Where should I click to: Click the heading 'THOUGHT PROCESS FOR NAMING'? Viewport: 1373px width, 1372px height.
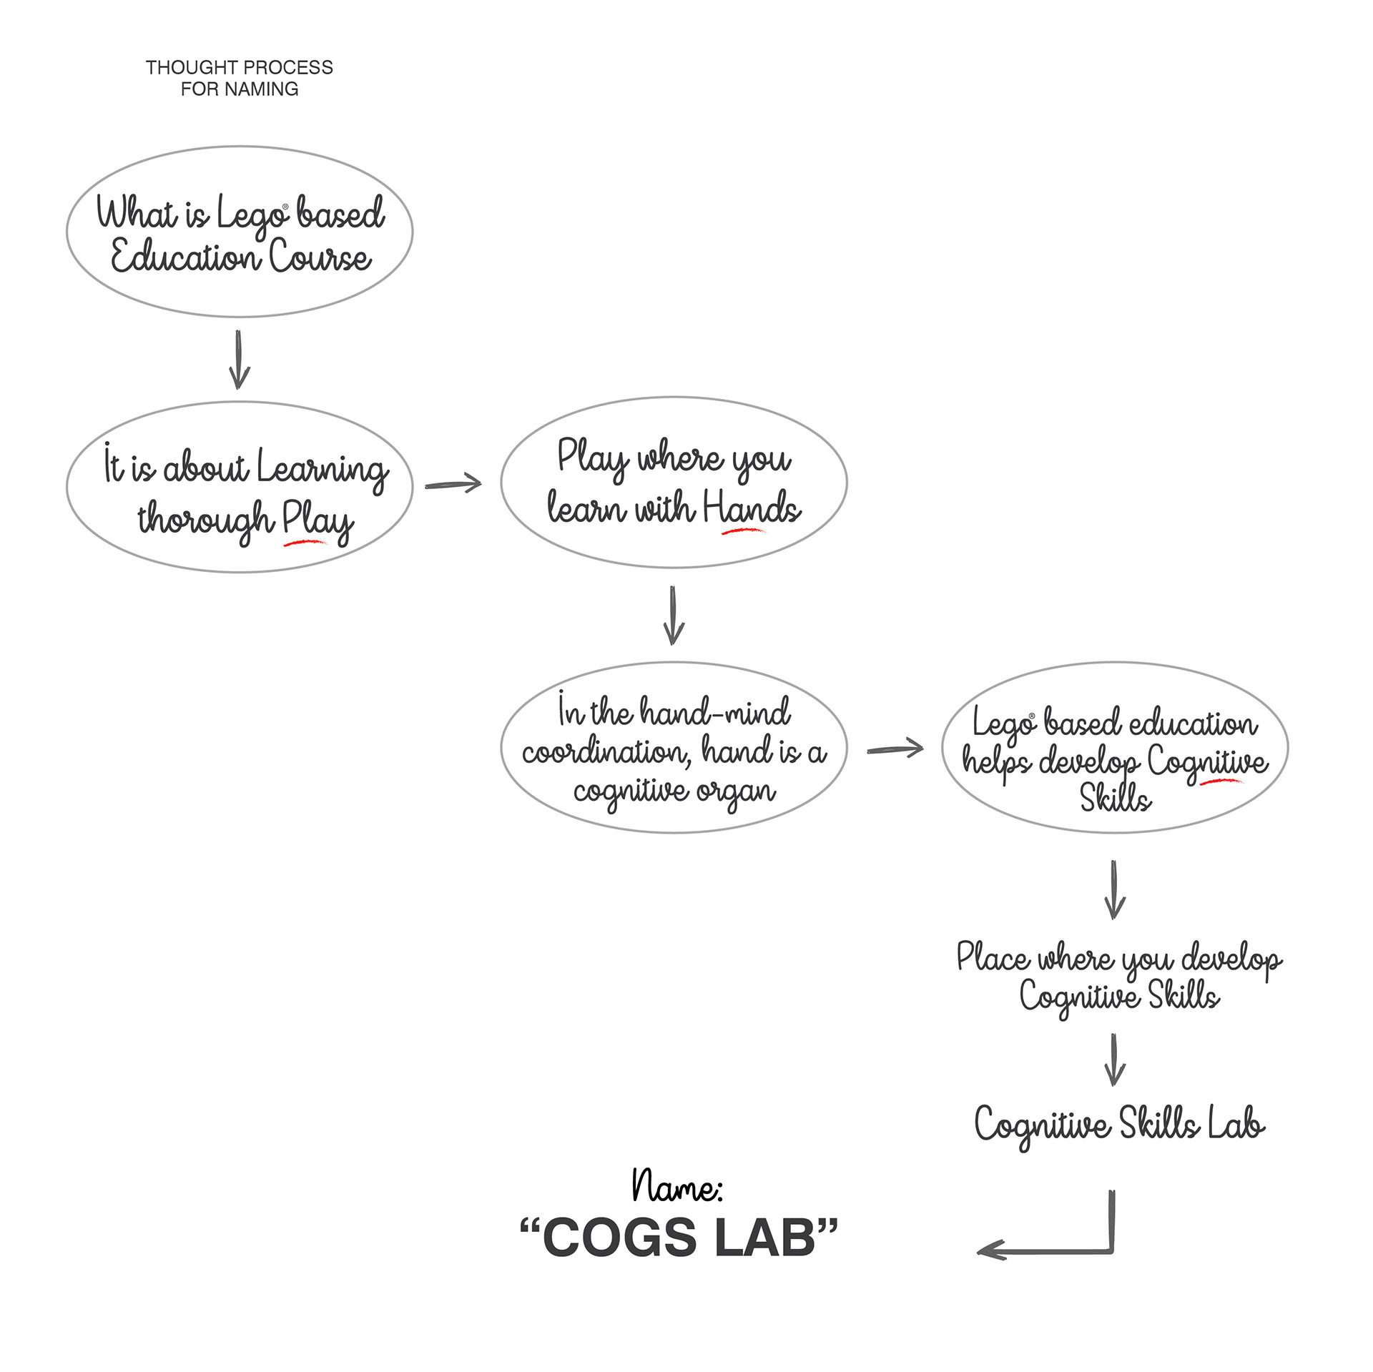(x=239, y=78)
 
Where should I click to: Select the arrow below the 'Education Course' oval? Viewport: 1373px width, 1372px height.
(x=239, y=360)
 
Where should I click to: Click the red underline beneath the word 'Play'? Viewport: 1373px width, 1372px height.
(x=305, y=543)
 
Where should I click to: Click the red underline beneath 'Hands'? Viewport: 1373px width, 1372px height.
(x=743, y=531)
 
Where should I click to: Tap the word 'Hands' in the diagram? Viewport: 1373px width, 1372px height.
(x=751, y=508)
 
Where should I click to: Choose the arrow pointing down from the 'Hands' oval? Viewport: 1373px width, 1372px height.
(x=673, y=616)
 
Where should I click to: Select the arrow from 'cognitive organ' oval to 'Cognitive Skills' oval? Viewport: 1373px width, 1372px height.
(x=895, y=749)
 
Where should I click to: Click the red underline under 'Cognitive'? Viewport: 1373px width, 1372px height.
(x=1221, y=781)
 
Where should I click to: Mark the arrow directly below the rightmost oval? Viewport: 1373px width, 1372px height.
(x=1114, y=890)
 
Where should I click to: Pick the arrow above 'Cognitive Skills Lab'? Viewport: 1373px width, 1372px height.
(x=1114, y=1060)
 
